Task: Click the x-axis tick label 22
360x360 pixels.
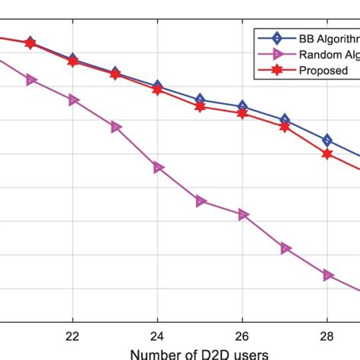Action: pyautogui.click(x=72, y=336)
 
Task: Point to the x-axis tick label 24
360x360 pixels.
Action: pyautogui.click(x=157, y=336)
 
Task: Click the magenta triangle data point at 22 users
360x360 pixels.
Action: pyautogui.click(x=73, y=99)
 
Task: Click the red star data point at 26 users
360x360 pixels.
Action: pyautogui.click(x=242, y=113)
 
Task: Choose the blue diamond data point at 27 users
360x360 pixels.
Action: pyautogui.click(x=285, y=119)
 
